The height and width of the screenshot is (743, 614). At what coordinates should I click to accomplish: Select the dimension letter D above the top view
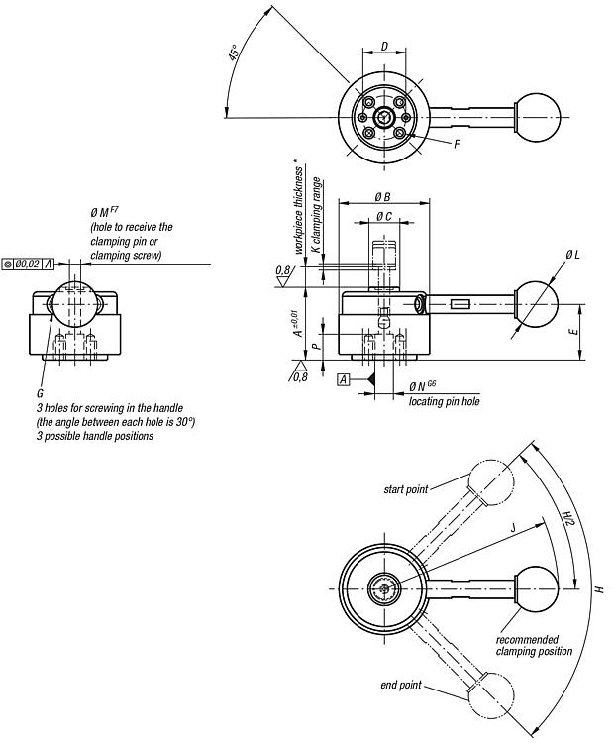(384, 46)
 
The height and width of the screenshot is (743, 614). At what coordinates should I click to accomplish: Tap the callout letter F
(457, 144)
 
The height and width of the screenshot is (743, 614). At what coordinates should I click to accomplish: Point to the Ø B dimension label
(383, 197)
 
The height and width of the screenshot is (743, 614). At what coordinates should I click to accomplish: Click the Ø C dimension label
(384, 217)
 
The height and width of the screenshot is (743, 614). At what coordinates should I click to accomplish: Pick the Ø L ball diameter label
(572, 255)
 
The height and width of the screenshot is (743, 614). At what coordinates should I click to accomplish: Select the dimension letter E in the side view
(573, 331)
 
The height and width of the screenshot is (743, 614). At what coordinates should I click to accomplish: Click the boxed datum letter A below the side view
(344, 379)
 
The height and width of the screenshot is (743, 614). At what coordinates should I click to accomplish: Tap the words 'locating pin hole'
(445, 401)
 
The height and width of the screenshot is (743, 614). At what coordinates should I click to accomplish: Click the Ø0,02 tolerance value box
(28, 264)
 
